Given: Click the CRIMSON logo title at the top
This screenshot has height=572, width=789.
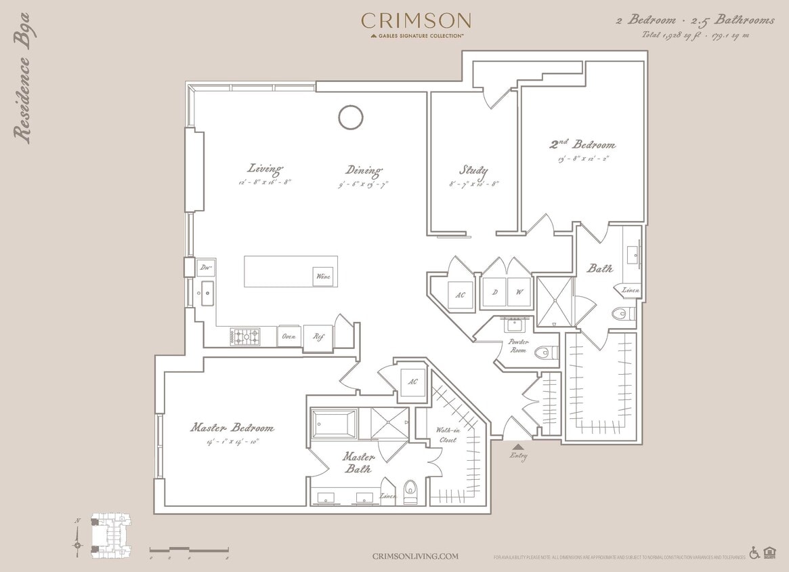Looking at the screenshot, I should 416,21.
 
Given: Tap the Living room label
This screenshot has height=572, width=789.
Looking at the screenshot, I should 265,169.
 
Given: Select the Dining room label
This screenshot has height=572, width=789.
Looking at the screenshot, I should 364,170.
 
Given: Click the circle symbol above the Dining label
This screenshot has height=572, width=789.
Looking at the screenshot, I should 351,117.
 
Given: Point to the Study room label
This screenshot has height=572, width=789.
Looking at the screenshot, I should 473,170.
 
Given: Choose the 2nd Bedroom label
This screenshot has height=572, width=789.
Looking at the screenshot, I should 582,144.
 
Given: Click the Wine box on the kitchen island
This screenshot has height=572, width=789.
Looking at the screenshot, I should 323,277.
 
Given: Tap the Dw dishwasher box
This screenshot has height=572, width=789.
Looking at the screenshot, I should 205,267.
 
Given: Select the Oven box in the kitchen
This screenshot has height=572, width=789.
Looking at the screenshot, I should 289,336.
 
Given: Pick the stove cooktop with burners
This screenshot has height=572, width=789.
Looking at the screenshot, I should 244,335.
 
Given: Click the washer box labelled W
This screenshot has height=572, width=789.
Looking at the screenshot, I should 520,293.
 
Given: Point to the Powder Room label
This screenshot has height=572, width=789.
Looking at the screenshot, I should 519,346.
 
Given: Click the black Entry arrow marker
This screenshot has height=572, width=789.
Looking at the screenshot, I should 518,446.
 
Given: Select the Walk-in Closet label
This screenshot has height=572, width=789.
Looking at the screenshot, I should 446,434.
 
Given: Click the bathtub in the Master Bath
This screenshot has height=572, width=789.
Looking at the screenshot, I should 333,424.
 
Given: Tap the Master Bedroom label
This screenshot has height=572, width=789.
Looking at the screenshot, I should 232,428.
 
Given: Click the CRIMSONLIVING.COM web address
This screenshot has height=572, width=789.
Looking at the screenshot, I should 415,556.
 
